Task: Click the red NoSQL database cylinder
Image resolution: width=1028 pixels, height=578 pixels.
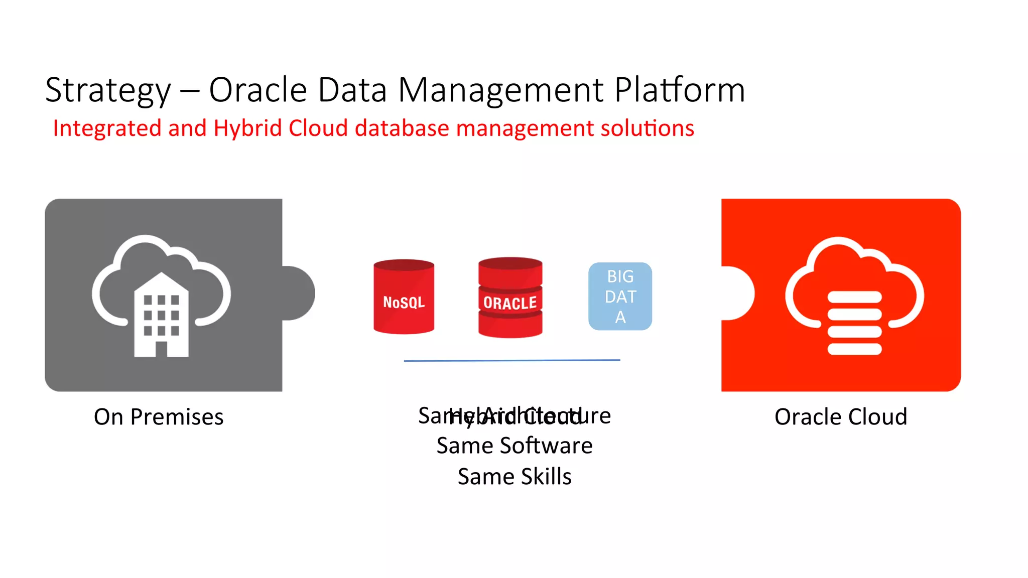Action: (404, 297)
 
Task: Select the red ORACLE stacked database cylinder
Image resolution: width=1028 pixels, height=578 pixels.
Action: (510, 298)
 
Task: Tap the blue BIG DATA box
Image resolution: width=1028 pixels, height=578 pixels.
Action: (620, 297)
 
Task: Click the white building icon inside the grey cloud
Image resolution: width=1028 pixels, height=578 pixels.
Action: (161, 316)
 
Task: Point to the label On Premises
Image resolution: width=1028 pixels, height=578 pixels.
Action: (159, 417)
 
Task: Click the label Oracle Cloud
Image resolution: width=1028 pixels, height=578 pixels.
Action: (841, 417)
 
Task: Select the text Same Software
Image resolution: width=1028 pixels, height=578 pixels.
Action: (515, 446)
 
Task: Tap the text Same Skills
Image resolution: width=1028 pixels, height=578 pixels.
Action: (515, 477)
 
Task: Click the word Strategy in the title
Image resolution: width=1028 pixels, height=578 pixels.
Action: (108, 91)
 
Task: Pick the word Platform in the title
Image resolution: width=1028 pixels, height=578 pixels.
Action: (680, 91)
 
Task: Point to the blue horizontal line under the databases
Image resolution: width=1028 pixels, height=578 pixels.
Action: (512, 360)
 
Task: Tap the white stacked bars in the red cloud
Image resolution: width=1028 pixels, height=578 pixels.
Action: (854, 323)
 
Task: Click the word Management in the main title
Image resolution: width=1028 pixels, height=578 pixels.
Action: (501, 91)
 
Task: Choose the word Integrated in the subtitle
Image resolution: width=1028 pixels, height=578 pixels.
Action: (107, 128)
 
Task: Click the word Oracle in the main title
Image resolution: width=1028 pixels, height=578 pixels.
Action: (258, 91)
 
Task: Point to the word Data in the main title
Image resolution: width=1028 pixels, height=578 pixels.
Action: (352, 91)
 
